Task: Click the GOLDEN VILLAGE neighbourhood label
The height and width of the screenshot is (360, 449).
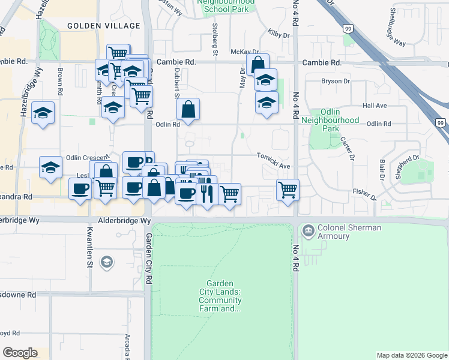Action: (x=103, y=26)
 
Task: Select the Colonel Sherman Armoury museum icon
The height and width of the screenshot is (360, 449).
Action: (x=309, y=230)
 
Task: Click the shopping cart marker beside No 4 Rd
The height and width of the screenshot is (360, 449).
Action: (x=288, y=190)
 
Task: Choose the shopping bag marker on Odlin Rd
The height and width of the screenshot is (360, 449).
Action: (x=188, y=110)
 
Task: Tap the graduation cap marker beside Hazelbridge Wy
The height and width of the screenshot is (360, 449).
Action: (x=43, y=113)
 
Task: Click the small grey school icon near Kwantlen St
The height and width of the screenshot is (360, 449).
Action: (x=106, y=262)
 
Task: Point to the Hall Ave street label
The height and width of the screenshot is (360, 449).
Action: (x=375, y=106)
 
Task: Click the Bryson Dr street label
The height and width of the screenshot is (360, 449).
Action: (x=336, y=81)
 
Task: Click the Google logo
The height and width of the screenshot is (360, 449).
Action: (x=20, y=353)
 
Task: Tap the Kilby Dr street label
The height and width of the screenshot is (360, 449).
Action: (x=279, y=35)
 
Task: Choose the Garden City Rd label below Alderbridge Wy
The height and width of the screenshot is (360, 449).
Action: (x=148, y=259)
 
